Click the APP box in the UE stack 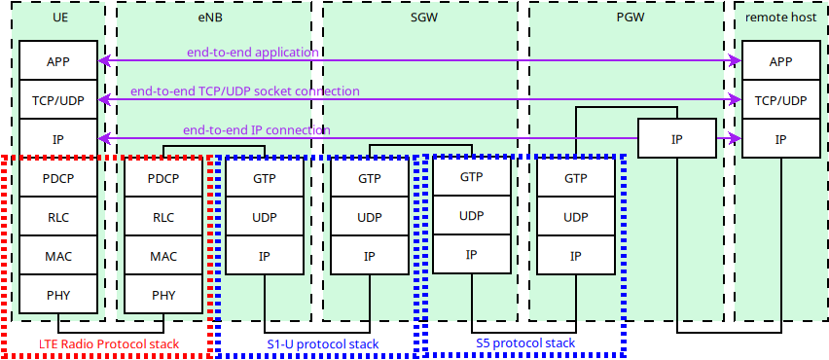[58, 61]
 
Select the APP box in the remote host [780, 61]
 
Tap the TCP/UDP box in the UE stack [58, 100]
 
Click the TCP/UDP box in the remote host [780, 100]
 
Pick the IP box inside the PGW [677, 139]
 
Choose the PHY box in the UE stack [58, 295]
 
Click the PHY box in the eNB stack [163, 295]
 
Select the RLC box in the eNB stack [163, 217]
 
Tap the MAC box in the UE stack [58, 256]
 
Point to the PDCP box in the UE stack [58, 178]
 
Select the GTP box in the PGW [576, 178]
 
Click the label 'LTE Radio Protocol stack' [110, 344]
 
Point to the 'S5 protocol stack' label [525, 343]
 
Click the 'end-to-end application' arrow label [253, 52]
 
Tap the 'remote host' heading [780, 17]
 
